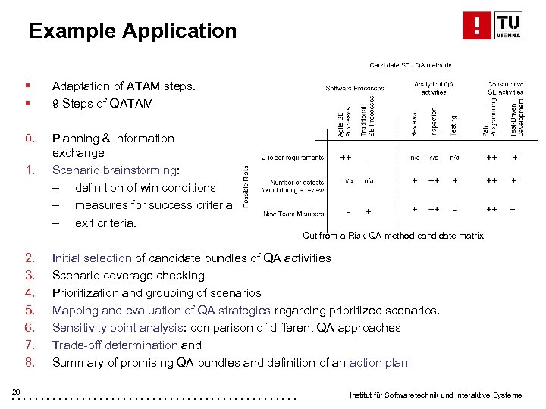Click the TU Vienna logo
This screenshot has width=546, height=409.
pyautogui.click(x=492, y=25)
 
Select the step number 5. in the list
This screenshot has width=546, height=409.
pyautogui.click(x=30, y=311)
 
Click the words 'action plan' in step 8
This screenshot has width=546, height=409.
pyautogui.click(x=378, y=363)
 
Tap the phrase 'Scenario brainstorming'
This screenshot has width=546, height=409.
pyautogui.click(x=114, y=170)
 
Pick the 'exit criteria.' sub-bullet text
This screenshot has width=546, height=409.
pyautogui.click(x=105, y=223)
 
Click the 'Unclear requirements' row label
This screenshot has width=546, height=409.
pyautogui.click(x=292, y=158)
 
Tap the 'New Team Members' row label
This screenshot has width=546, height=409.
pyautogui.click(x=294, y=214)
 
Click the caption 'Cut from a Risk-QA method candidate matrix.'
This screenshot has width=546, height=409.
pyautogui.click(x=394, y=236)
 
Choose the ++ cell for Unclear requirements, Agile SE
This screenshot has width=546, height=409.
pyautogui.click(x=345, y=158)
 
